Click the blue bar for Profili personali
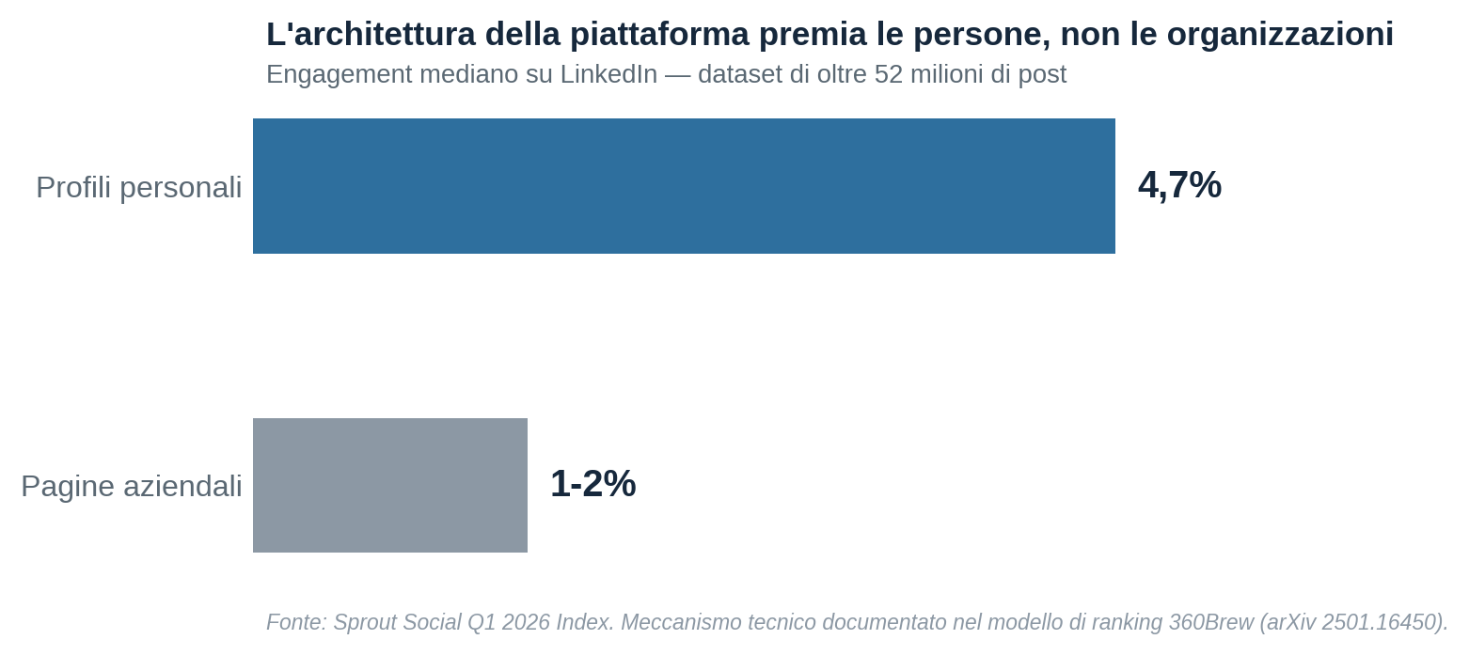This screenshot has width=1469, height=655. (x=684, y=186)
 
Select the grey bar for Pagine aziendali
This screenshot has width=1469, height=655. (x=390, y=485)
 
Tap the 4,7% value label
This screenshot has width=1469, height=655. (x=1179, y=185)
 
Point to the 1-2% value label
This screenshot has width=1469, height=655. (x=592, y=484)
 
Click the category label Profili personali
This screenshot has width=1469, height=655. (x=139, y=187)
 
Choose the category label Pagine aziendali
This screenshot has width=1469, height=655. (x=132, y=487)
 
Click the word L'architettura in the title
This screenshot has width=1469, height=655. (x=371, y=34)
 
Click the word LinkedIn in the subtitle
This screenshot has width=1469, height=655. (x=608, y=74)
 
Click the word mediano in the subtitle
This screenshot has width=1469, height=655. (x=469, y=74)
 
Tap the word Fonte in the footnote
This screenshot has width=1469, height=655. (x=296, y=621)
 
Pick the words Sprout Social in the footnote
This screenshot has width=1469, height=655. (x=397, y=622)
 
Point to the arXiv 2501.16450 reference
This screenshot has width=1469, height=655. (x=1351, y=621)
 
